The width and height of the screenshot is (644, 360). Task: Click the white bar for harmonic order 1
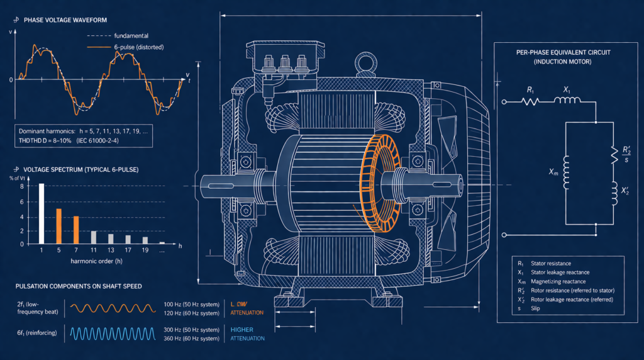(x=42, y=213)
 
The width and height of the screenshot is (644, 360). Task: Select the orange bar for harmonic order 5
(x=58, y=226)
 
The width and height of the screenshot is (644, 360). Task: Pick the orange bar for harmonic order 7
(x=75, y=230)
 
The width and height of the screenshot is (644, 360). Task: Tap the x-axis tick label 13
(x=111, y=250)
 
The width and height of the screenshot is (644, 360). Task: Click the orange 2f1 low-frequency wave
(x=110, y=308)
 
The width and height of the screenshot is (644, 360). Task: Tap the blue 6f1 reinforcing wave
(x=110, y=333)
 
